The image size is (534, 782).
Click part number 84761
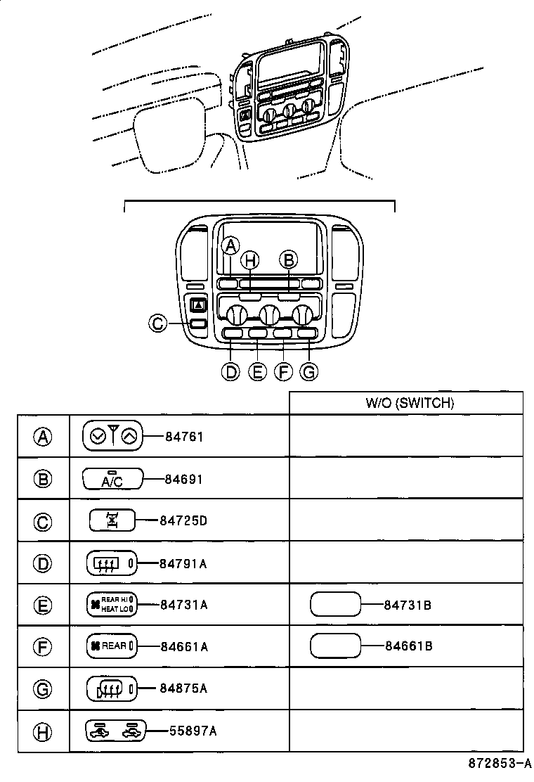(184, 437)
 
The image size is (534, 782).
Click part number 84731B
(408, 604)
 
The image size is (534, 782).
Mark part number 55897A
(193, 731)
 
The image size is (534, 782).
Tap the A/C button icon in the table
(112, 479)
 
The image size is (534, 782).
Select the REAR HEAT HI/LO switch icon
(110, 604)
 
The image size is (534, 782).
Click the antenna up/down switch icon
(112, 437)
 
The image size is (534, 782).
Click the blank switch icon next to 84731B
(335, 604)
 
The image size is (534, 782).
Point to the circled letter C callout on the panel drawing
(158, 323)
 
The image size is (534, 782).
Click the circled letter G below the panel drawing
(308, 371)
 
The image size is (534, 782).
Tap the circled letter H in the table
(44, 731)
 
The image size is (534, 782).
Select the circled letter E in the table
(44, 604)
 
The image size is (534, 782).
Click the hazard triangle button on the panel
(197, 305)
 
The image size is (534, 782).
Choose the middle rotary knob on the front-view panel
(268, 314)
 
